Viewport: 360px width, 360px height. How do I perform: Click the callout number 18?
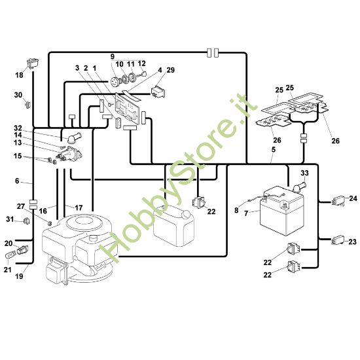pos(19,75)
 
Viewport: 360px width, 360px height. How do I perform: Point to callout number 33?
pos(304,173)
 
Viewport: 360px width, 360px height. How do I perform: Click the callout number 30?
pos(18,95)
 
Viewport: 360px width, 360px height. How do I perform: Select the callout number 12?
pos(142,63)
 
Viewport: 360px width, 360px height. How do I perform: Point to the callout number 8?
pos(237,209)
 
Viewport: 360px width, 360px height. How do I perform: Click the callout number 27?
pos(20,206)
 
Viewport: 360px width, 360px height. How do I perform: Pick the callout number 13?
pos(18,143)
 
